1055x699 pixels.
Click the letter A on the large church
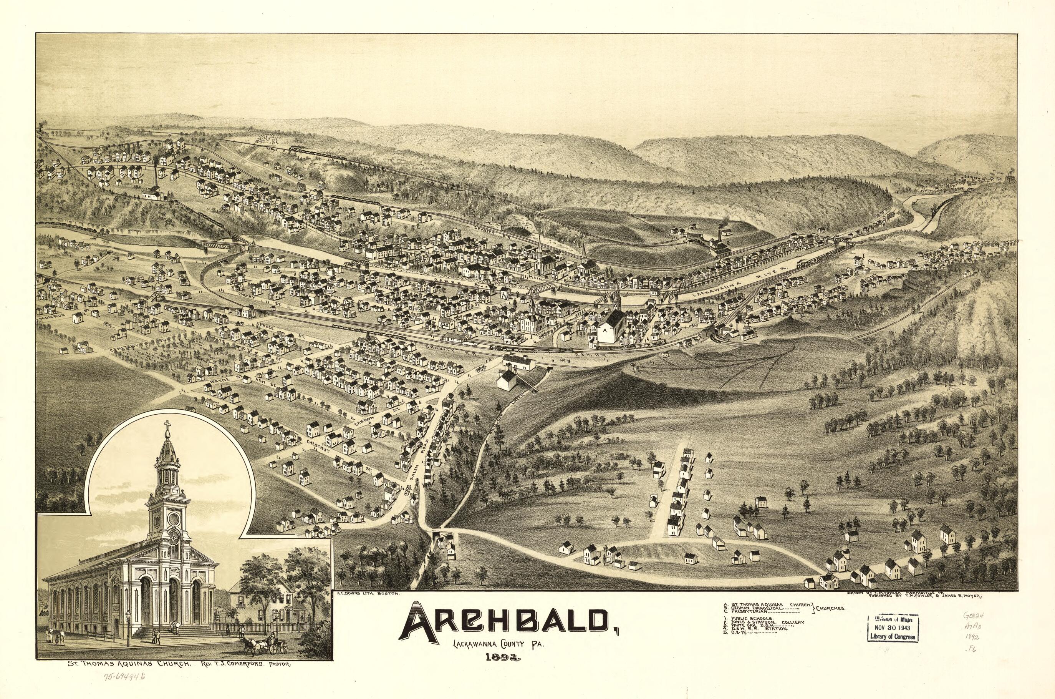click(x=605, y=331)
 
